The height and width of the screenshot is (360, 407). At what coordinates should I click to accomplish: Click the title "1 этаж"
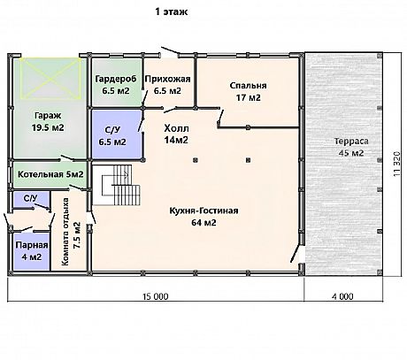pyautogui.click(x=172, y=12)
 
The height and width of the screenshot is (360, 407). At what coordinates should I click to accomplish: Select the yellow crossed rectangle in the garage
pyautogui.click(x=50, y=78)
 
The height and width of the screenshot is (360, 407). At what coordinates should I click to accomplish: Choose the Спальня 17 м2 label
pyautogui.click(x=248, y=91)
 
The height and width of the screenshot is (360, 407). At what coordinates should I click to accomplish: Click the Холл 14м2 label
pyautogui.click(x=176, y=134)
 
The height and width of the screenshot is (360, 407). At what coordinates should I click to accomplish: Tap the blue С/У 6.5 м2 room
pyautogui.click(x=118, y=134)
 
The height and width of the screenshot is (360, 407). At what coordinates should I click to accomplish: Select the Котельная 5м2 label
pyautogui.click(x=50, y=174)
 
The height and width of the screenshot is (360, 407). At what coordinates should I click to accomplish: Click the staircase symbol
pyautogui.click(x=121, y=185)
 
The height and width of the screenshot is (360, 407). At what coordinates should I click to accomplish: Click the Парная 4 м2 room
pyautogui.click(x=31, y=251)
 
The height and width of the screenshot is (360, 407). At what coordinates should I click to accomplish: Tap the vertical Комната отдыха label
pyautogui.click(x=71, y=232)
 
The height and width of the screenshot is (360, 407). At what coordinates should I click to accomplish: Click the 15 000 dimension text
pyautogui.click(x=156, y=296)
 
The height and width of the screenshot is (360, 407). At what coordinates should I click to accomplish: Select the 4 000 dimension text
pyautogui.click(x=342, y=296)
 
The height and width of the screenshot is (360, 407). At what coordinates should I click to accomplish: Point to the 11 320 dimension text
pyautogui.click(x=397, y=164)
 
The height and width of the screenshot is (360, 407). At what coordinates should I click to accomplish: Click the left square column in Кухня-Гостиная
pyautogui.click(x=196, y=160)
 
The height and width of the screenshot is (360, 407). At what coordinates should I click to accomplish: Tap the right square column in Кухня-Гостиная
pyautogui.click(x=249, y=160)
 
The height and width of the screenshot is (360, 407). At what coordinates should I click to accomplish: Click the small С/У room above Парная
pyautogui.click(x=31, y=199)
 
